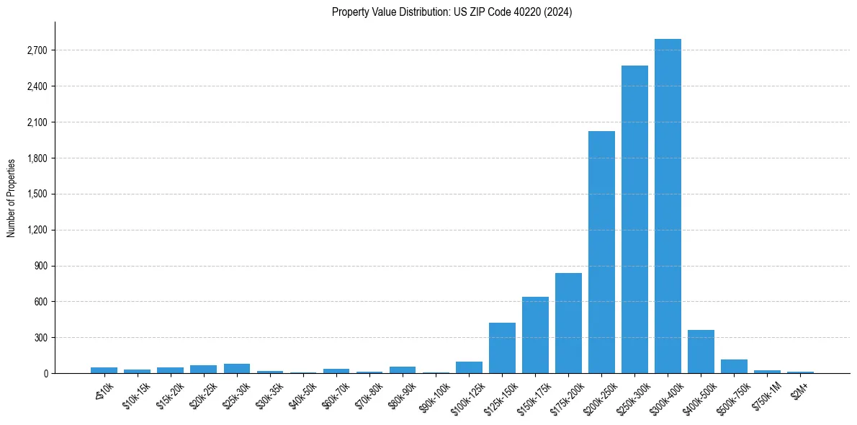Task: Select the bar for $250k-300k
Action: click(634, 220)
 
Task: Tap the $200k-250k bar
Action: click(601, 252)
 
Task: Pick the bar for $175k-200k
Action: click(568, 323)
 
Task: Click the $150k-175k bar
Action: click(535, 335)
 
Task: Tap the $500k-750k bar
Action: click(734, 366)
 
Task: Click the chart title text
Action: click(452, 12)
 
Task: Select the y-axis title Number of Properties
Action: click(12, 197)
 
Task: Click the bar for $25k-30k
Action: click(237, 368)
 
